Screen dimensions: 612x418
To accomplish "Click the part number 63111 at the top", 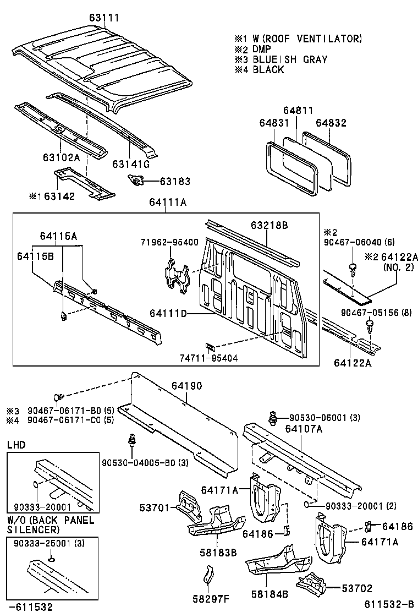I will (104, 18).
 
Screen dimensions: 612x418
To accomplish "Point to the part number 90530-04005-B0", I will (144, 462).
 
